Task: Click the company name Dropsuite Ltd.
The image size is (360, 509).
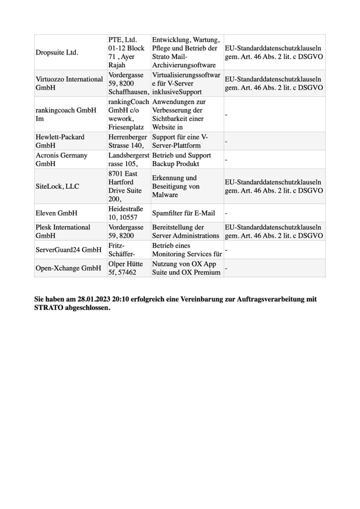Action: pos(57,52)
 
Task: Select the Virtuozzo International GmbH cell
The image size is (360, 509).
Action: pos(69,83)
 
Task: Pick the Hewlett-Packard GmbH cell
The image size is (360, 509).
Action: pos(60,141)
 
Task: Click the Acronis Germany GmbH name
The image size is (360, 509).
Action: pos(61,159)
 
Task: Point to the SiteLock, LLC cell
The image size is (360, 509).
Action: pos(58,186)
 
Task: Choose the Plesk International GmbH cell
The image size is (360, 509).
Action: pos(63,231)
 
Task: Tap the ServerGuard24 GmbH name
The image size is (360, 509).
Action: pos(69,250)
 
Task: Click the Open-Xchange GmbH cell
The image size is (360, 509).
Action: pos(68,268)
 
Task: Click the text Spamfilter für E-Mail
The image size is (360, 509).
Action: pos(184,213)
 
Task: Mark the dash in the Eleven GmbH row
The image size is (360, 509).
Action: pos(226,213)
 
